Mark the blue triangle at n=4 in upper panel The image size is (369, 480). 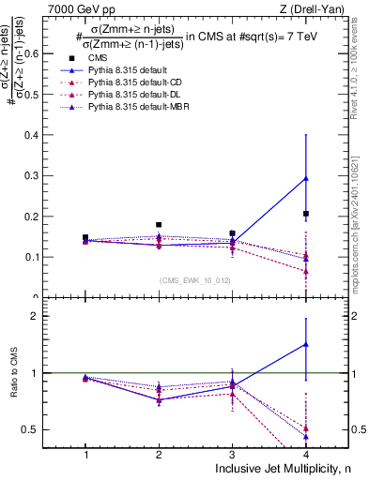(x=306, y=178)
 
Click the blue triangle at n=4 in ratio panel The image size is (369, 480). (x=306, y=344)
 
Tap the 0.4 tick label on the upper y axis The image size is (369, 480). (x=45, y=135)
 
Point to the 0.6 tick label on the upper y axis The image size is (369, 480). (x=45, y=53)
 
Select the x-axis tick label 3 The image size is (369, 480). (x=232, y=454)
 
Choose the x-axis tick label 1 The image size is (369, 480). (x=85, y=454)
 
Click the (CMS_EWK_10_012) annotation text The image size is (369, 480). (x=195, y=281)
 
